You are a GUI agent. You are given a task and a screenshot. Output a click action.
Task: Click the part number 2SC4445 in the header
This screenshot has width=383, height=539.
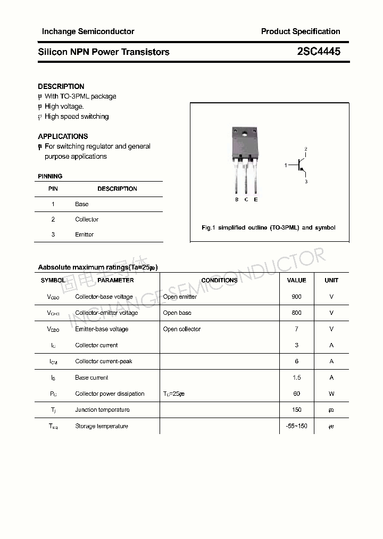319,52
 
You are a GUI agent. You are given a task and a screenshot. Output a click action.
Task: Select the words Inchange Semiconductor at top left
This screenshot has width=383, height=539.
88,31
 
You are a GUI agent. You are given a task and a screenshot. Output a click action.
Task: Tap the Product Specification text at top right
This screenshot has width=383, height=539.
300,31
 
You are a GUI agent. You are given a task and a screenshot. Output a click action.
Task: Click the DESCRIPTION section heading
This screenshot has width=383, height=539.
61,86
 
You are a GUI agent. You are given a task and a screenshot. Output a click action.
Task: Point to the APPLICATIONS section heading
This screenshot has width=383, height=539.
63,136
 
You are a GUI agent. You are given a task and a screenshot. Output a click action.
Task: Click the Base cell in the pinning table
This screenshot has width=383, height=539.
82,204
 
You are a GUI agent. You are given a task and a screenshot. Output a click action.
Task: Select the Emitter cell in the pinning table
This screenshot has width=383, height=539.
84,234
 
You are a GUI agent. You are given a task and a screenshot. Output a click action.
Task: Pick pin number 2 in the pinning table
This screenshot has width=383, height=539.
53,219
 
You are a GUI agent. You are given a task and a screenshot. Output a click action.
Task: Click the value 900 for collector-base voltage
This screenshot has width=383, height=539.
296,297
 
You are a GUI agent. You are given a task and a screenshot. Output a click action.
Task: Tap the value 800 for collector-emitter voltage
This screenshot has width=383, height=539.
296,313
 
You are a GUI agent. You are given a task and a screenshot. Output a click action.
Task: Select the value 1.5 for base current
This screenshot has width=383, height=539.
296,378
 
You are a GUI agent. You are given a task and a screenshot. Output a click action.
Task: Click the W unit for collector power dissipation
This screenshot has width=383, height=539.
331,394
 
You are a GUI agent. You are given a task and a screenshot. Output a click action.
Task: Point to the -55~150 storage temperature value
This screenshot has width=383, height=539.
296,426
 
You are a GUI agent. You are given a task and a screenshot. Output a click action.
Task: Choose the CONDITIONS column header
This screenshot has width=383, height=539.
219,280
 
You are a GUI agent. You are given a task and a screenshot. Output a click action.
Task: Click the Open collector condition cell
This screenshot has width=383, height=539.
182,329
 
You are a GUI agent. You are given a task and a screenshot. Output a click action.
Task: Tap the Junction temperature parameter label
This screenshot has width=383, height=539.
102,410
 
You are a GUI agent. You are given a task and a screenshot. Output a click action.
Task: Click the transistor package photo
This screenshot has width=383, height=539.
245,160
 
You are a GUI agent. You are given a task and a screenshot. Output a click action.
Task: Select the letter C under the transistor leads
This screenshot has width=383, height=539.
246,200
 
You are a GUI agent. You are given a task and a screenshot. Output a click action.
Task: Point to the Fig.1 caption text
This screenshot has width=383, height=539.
269,227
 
